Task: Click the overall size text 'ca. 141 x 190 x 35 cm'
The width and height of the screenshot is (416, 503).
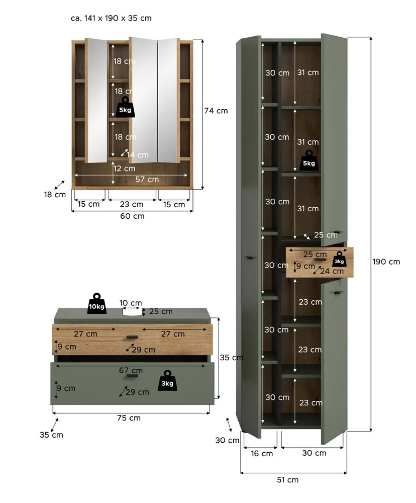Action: pyautogui.click(x=111, y=18)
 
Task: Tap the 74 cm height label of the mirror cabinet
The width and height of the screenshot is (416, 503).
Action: pyautogui.click(x=216, y=111)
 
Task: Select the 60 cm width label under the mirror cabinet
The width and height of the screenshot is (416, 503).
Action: pyautogui.click(x=132, y=216)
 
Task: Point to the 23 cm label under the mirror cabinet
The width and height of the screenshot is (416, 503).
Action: pyautogui.click(x=132, y=204)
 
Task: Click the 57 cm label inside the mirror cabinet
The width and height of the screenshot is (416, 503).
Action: pyautogui.click(x=147, y=180)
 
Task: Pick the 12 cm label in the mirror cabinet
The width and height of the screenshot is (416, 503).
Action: pyautogui.click(x=125, y=169)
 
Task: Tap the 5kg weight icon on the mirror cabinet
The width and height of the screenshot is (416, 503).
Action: pyautogui.click(x=125, y=107)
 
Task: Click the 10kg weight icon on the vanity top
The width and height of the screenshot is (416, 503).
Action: pyautogui.click(x=97, y=304)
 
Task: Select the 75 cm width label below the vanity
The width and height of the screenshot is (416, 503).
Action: pyautogui.click(x=129, y=418)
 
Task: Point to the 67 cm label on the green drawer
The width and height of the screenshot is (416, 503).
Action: pyautogui.click(x=131, y=370)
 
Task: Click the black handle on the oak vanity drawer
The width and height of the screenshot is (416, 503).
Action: pyautogui.click(x=132, y=337)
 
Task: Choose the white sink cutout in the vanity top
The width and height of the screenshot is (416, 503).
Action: pyautogui.click(x=132, y=312)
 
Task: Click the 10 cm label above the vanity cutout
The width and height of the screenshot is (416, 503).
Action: pyautogui.click(x=131, y=303)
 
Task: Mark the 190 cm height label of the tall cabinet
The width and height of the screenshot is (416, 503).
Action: pyautogui.click(x=387, y=262)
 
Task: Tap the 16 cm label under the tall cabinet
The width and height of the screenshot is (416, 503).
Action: pyautogui.click(x=262, y=454)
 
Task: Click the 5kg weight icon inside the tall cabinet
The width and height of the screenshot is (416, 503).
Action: pyautogui.click(x=309, y=161)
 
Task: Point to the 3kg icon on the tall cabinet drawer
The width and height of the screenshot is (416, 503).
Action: pyautogui.click(x=339, y=259)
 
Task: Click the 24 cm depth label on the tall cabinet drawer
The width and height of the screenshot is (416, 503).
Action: pyautogui.click(x=332, y=271)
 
